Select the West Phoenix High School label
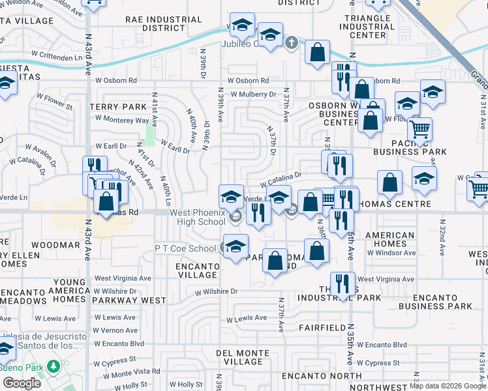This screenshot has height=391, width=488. (x=198, y=218)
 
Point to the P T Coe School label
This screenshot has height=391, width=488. (x=185, y=248)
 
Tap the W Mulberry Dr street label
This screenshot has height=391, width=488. (x=251, y=94)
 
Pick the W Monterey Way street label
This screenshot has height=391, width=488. (x=122, y=120)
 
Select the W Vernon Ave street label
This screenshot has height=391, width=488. (x=115, y=331)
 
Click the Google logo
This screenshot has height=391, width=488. (x=22, y=383)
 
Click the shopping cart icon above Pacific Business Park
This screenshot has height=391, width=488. (x=419, y=130)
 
